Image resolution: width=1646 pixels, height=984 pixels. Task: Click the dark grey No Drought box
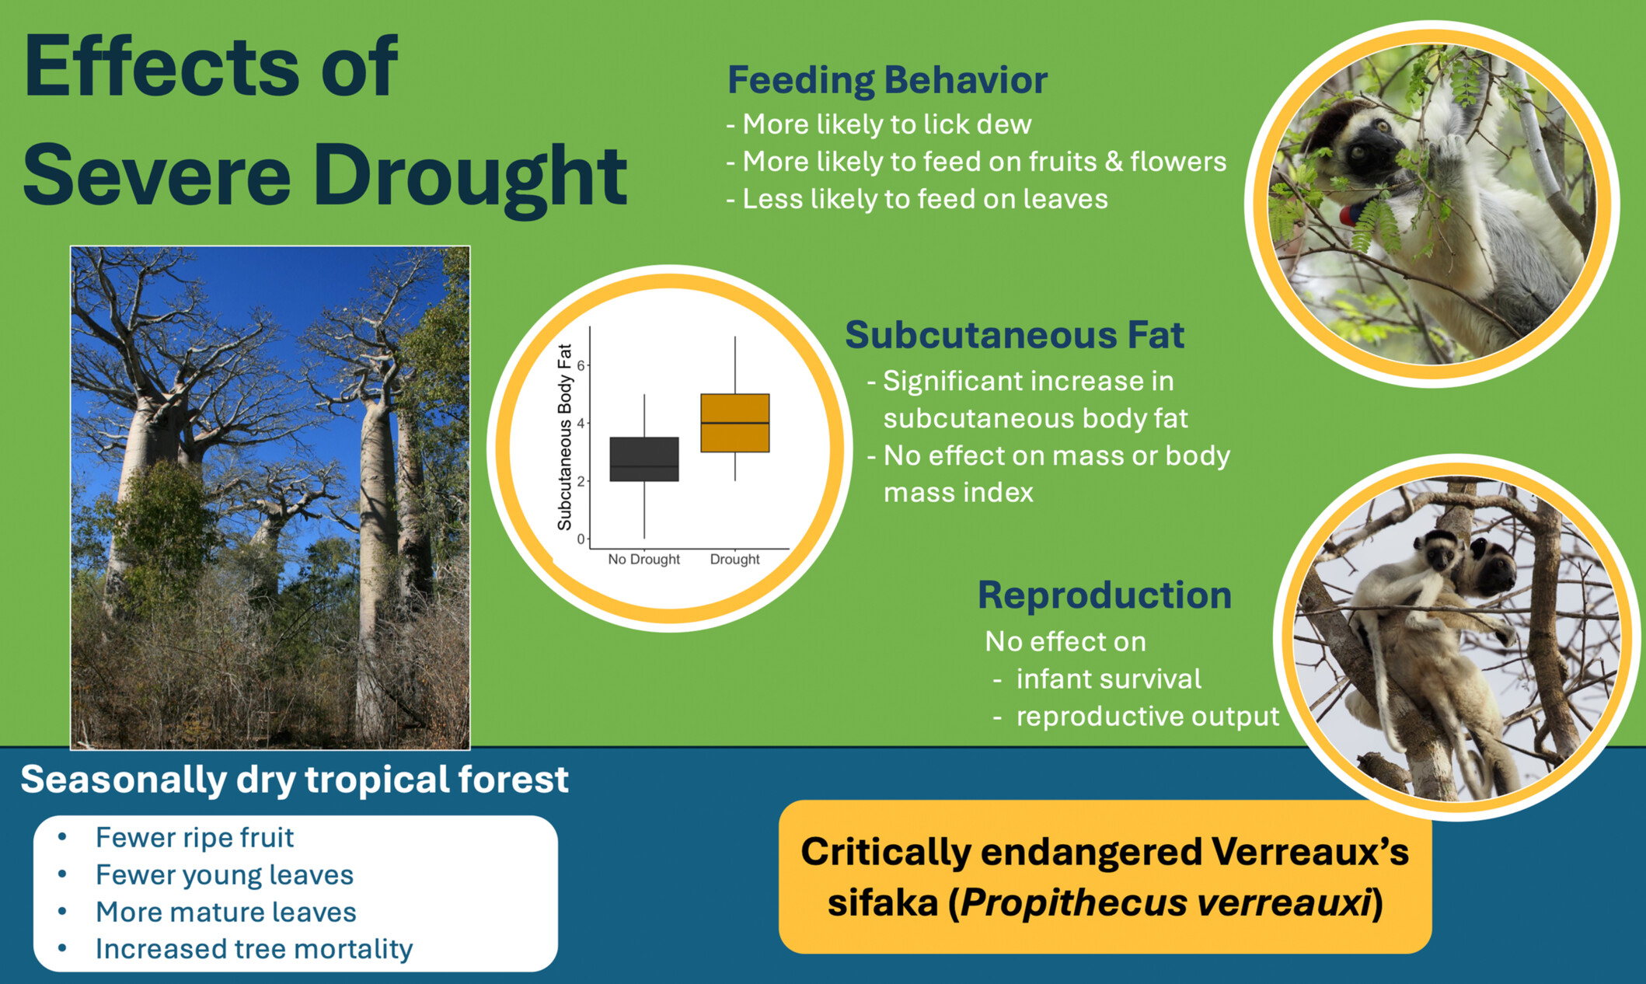click(x=644, y=459)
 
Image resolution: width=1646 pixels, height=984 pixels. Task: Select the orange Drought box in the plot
click(x=735, y=423)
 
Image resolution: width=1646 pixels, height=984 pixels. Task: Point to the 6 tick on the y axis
click(x=581, y=365)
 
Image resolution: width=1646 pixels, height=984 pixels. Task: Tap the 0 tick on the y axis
click(x=581, y=539)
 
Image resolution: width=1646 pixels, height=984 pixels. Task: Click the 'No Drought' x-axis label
click(x=643, y=560)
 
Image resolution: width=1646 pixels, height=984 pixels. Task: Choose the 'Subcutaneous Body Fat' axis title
click(x=565, y=437)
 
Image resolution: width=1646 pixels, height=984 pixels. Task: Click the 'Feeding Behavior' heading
click(x=888, y=80)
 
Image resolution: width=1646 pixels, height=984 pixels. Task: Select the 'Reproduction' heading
click(x=1104, y=595)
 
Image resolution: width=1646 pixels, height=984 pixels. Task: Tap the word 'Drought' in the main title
click(x=469, y=177)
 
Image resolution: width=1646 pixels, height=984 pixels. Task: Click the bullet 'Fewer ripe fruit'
click(x=194, y=838)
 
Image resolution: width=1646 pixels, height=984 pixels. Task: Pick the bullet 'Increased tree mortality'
click(x=254, y=949)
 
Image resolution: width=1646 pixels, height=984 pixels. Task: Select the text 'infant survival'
click(x=1108, y=679)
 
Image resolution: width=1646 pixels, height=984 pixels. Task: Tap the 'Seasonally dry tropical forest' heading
click(x=295, y=780)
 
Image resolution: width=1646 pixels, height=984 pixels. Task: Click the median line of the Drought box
click(x=735, y=423)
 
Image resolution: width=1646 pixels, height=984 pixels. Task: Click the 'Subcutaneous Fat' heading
click(x=1014, y=336)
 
